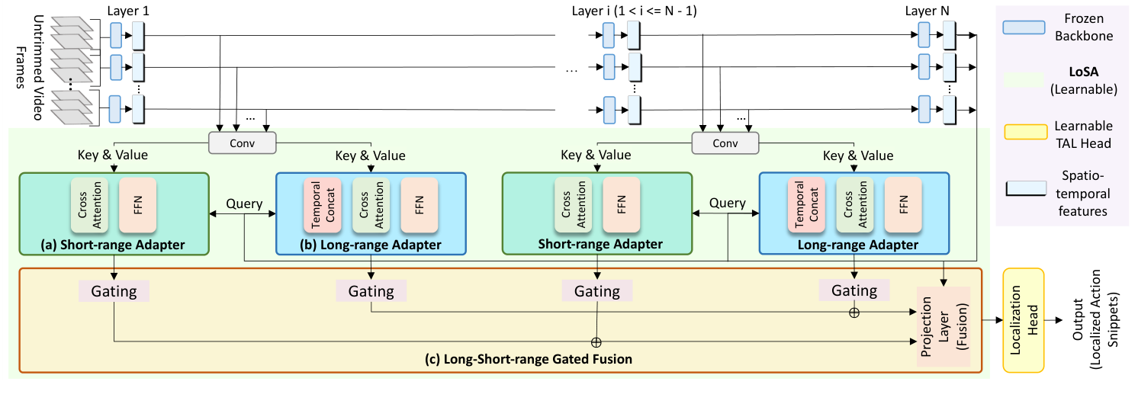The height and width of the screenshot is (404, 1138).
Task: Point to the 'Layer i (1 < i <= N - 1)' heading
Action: (x=635, y=11)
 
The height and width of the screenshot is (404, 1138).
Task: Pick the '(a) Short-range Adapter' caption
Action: (x=114, y=245)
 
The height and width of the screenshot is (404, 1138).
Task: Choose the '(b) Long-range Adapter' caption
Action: (x=369, y=245)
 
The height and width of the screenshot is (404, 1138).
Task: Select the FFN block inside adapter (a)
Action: (x=137, y=206)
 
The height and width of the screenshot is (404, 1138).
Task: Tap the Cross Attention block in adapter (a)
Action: (x=90, y=206)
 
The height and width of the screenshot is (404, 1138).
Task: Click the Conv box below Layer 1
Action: (x=243, y=142)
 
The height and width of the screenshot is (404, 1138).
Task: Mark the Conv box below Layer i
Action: (x=725, y=142)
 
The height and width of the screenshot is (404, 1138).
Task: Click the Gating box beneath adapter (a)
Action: (x=114, y=291)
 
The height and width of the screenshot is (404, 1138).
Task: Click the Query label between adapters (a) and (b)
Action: (x=244, y=204)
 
